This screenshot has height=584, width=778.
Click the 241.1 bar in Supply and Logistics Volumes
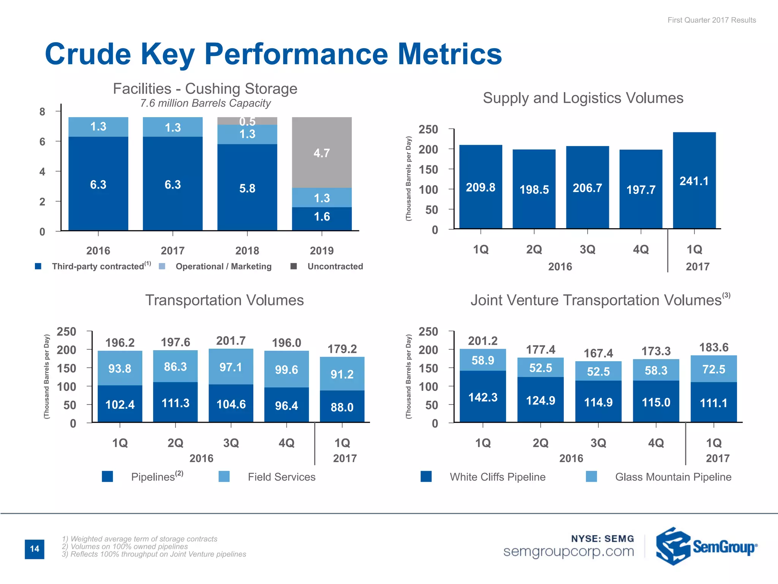(x=694, y=181)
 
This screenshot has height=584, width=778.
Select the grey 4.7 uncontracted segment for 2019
(x=322, y=152)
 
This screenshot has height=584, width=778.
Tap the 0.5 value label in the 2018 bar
(x=247, y=121)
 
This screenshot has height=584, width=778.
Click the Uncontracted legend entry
(x=335, y=267)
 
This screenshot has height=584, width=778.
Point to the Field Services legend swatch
(x=224, y=476)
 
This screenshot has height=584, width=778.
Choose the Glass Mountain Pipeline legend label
(x=673, y=477)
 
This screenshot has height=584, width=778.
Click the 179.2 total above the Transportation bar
(x=342, y=349)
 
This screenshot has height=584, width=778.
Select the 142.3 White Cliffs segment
(x=482, y=397)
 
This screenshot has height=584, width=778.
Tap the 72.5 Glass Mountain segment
(x=713, y=369)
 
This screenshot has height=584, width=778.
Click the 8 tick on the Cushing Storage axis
(x=42, y=111)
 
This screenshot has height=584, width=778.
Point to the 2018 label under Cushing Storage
(x=247, y=251)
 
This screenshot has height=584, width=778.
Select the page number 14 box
(x=35, y=549)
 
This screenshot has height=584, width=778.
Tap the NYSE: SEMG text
(x=602, y=538)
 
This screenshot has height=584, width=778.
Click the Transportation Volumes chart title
(x=224, y=300)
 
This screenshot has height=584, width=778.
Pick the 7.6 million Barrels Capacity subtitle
(x=205, y=103)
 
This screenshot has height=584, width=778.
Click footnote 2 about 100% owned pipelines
(x=125, y=546)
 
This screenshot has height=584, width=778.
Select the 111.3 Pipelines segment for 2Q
(x=175, y=403)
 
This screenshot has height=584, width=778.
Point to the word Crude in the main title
(x=88, y=54)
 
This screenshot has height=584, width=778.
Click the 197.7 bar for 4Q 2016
(x=640, y=189)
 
